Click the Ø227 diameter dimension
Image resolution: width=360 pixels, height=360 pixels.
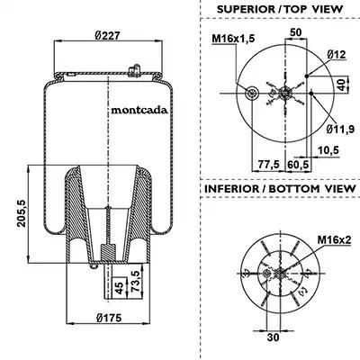[108, 36]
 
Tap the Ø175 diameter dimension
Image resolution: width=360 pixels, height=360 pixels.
[110, 318]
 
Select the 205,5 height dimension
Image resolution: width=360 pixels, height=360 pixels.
[22, 213]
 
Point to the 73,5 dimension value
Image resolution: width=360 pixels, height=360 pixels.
[136, 281]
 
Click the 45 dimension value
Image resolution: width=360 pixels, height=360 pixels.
[120, 288]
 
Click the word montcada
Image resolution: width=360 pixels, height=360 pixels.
[139, 110]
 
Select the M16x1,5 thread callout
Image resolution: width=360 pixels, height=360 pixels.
[233, 39]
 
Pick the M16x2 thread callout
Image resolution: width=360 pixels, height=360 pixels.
[335, 240]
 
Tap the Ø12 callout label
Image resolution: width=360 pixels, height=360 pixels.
[337, 54]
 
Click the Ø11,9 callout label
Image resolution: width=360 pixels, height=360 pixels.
[340, 129]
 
